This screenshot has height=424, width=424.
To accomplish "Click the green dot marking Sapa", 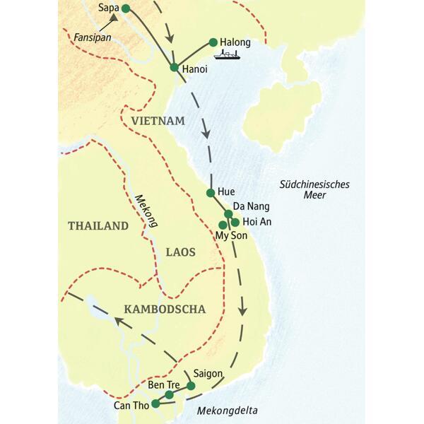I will click(x=126, y=8).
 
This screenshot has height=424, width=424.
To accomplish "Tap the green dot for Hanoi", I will click(x=174, y=67).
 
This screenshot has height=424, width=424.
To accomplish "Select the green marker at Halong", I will click(x=213, y=42).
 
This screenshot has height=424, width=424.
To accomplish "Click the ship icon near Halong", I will click(x=228, y=55).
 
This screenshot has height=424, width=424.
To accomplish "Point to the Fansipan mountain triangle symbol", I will click(x=112, y=25).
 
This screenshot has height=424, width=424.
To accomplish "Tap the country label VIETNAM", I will click(x=158, y=121).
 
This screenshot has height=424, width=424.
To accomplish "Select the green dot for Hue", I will click(x=210, y=192).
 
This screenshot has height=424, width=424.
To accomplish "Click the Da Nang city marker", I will click(x=228, y=213).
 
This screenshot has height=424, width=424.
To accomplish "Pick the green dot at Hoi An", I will click(x=235, y=222).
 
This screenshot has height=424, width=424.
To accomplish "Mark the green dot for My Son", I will click(x=223, y=225).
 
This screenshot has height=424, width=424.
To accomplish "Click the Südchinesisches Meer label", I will click(x=314, y=189).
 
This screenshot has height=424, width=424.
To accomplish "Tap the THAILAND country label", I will click(x=98, y=226).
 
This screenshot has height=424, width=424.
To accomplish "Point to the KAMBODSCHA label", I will click(x=164, y=309).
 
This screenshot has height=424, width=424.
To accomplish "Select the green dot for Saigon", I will click(x=191, y=386).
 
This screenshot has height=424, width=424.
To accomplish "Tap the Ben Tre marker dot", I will click(x=169, y=394).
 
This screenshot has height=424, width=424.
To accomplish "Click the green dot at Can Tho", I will click(x=155, y=404).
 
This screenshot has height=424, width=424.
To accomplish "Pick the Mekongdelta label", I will click(x=228, y=411).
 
